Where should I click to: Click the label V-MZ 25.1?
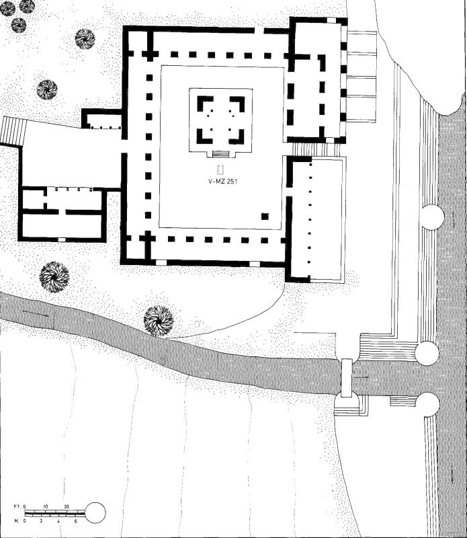coord(223,182)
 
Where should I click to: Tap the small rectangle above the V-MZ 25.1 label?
coord(220,169)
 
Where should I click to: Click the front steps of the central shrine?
coord(221,154)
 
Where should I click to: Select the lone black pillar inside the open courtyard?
coord(265,216)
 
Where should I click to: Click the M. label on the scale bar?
coord(16,521)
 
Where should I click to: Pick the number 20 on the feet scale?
coord(66,507)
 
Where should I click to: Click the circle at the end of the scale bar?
coord(95,513)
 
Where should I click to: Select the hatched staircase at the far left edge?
coord(13,130)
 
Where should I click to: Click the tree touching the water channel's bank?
coord(158,321)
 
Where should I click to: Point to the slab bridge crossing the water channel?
coord(347,378)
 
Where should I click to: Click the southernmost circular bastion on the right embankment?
coord(428,404)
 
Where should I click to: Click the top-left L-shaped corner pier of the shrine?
coord(204,103)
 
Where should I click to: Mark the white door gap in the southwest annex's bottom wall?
coord(62,239)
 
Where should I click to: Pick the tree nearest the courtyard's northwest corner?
coord(85,38)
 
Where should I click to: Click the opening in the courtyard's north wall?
coord(259,30)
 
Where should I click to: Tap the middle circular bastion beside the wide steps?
coord(427,352)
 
